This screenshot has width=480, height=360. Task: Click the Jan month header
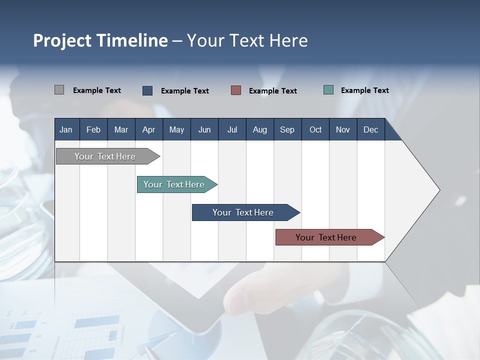pos(66,129)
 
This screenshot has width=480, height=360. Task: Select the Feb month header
pos(93,129)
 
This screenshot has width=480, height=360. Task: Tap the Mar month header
pos(121,129)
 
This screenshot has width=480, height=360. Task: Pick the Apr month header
pos(149,129)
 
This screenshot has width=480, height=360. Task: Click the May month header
pos(176,129)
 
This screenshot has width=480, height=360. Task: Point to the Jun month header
pos(204,129)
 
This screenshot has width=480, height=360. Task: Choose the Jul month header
pos(232,129)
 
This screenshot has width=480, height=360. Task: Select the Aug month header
pos(260,129)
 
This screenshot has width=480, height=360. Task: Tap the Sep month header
pos(287,129)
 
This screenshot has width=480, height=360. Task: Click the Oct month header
pos(315,129)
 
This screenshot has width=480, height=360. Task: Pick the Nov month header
pos(343,129)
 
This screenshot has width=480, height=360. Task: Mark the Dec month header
pos(371,129)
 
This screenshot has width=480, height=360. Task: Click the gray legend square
pos(59,90)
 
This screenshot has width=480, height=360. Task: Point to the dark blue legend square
pos(147,90)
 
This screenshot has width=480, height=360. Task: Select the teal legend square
pos(328,90)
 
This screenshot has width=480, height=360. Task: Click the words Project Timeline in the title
pos(100,40)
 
